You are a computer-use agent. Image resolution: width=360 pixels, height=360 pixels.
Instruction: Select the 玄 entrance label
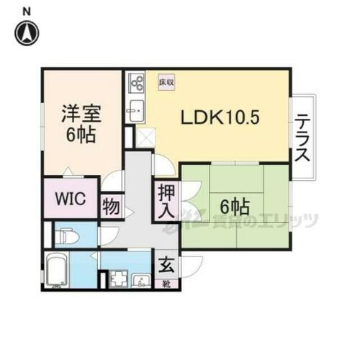pyautogui.click(x=165, y=264)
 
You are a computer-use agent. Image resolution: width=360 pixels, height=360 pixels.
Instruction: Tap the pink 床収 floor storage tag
pyautogui.click(x=166, y=82)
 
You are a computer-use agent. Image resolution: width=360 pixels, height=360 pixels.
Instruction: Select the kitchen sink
pyautogui.click(x=135, y=111)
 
